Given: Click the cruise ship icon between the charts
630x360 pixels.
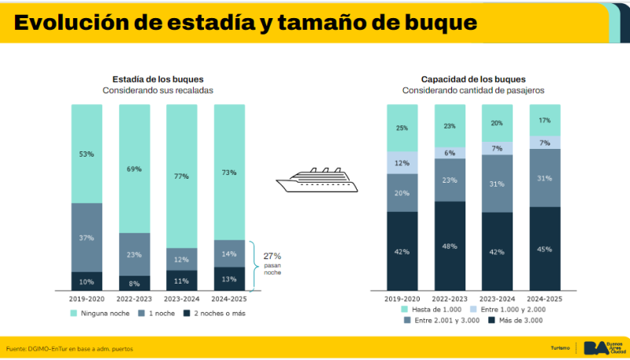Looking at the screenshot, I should coord(317,180).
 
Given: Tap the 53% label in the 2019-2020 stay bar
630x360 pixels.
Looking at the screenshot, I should coord(87,154).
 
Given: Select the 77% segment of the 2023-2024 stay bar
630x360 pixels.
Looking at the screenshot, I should coord(181,176).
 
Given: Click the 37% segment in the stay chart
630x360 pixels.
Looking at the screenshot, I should coord(87,237).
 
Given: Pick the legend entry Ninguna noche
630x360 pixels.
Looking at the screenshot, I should coord(98,313).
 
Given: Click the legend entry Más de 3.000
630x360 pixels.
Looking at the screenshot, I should coord(516,321).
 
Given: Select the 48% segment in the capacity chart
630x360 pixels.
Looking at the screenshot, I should coord(450,246).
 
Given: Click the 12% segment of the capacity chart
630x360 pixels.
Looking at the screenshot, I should coord(402,163).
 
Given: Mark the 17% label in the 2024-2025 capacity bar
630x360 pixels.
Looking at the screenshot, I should coord(544,121).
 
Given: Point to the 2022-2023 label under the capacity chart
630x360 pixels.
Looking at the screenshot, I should coord(450,299).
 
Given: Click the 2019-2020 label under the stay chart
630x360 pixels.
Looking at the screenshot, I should coord(87,299).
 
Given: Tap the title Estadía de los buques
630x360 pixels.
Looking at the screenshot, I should coord(157,79).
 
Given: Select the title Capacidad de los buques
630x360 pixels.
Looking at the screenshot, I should coord(473,79).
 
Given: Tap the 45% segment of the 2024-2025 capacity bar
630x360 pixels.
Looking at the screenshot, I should coord(544,249).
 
